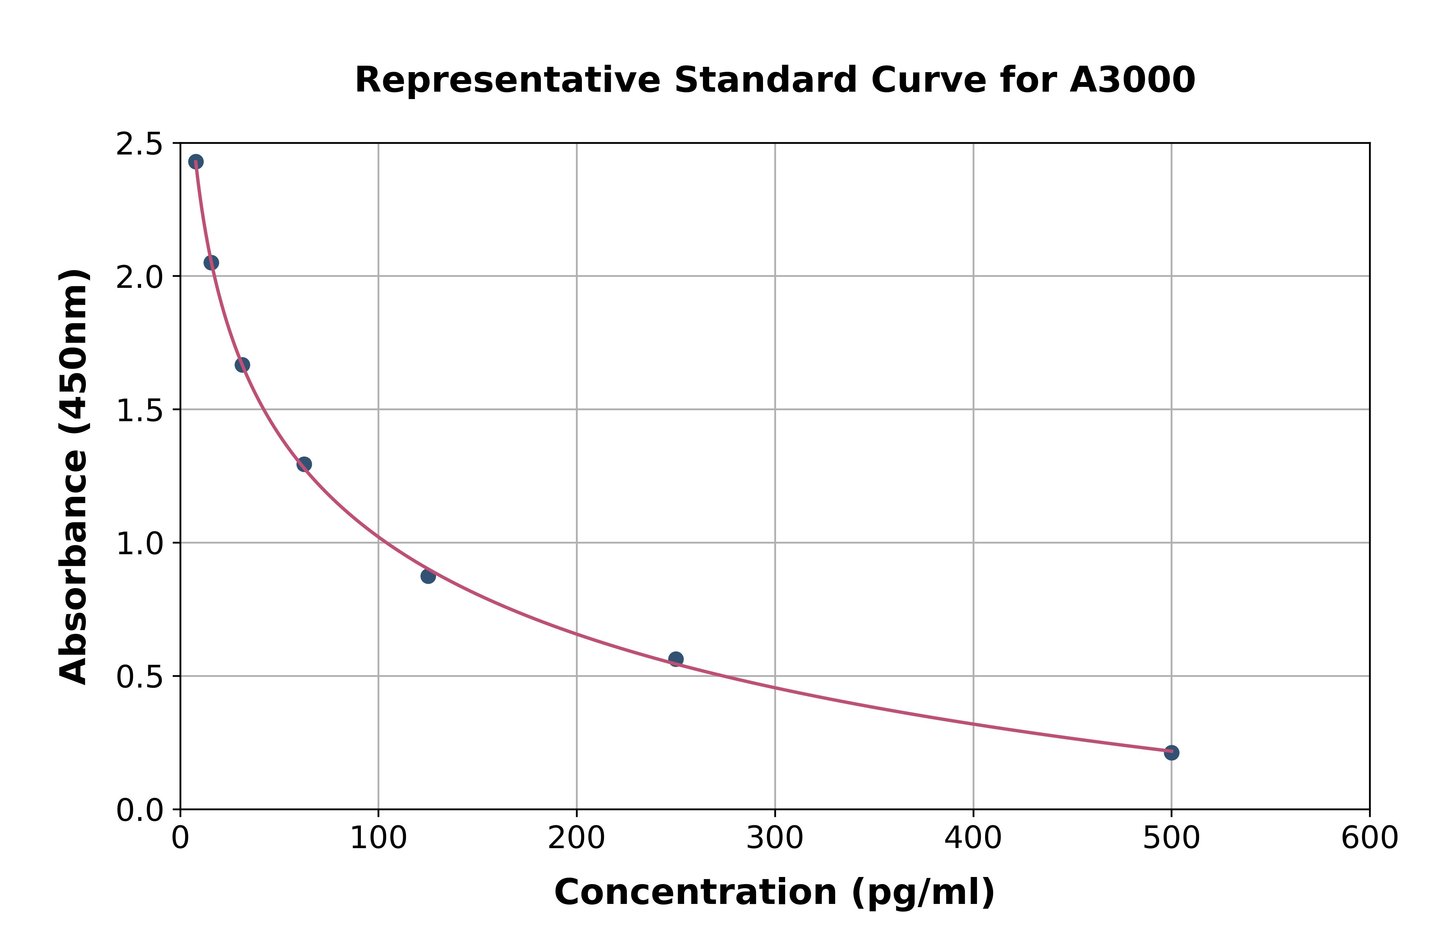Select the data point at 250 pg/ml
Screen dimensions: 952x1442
[675, 659]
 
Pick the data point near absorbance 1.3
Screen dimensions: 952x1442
[304, 464]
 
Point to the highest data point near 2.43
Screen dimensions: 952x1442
[195, 162]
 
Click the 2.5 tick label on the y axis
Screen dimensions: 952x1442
[140, 145]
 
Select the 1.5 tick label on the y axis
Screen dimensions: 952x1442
[140, 411]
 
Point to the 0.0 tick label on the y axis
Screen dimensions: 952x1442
[140, 811]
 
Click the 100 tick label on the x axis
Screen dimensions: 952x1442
[378, 839]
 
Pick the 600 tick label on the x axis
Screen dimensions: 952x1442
[1369, 839]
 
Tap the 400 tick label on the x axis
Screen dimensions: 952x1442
[973, 839]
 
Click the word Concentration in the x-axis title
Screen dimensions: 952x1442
[695, 892]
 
